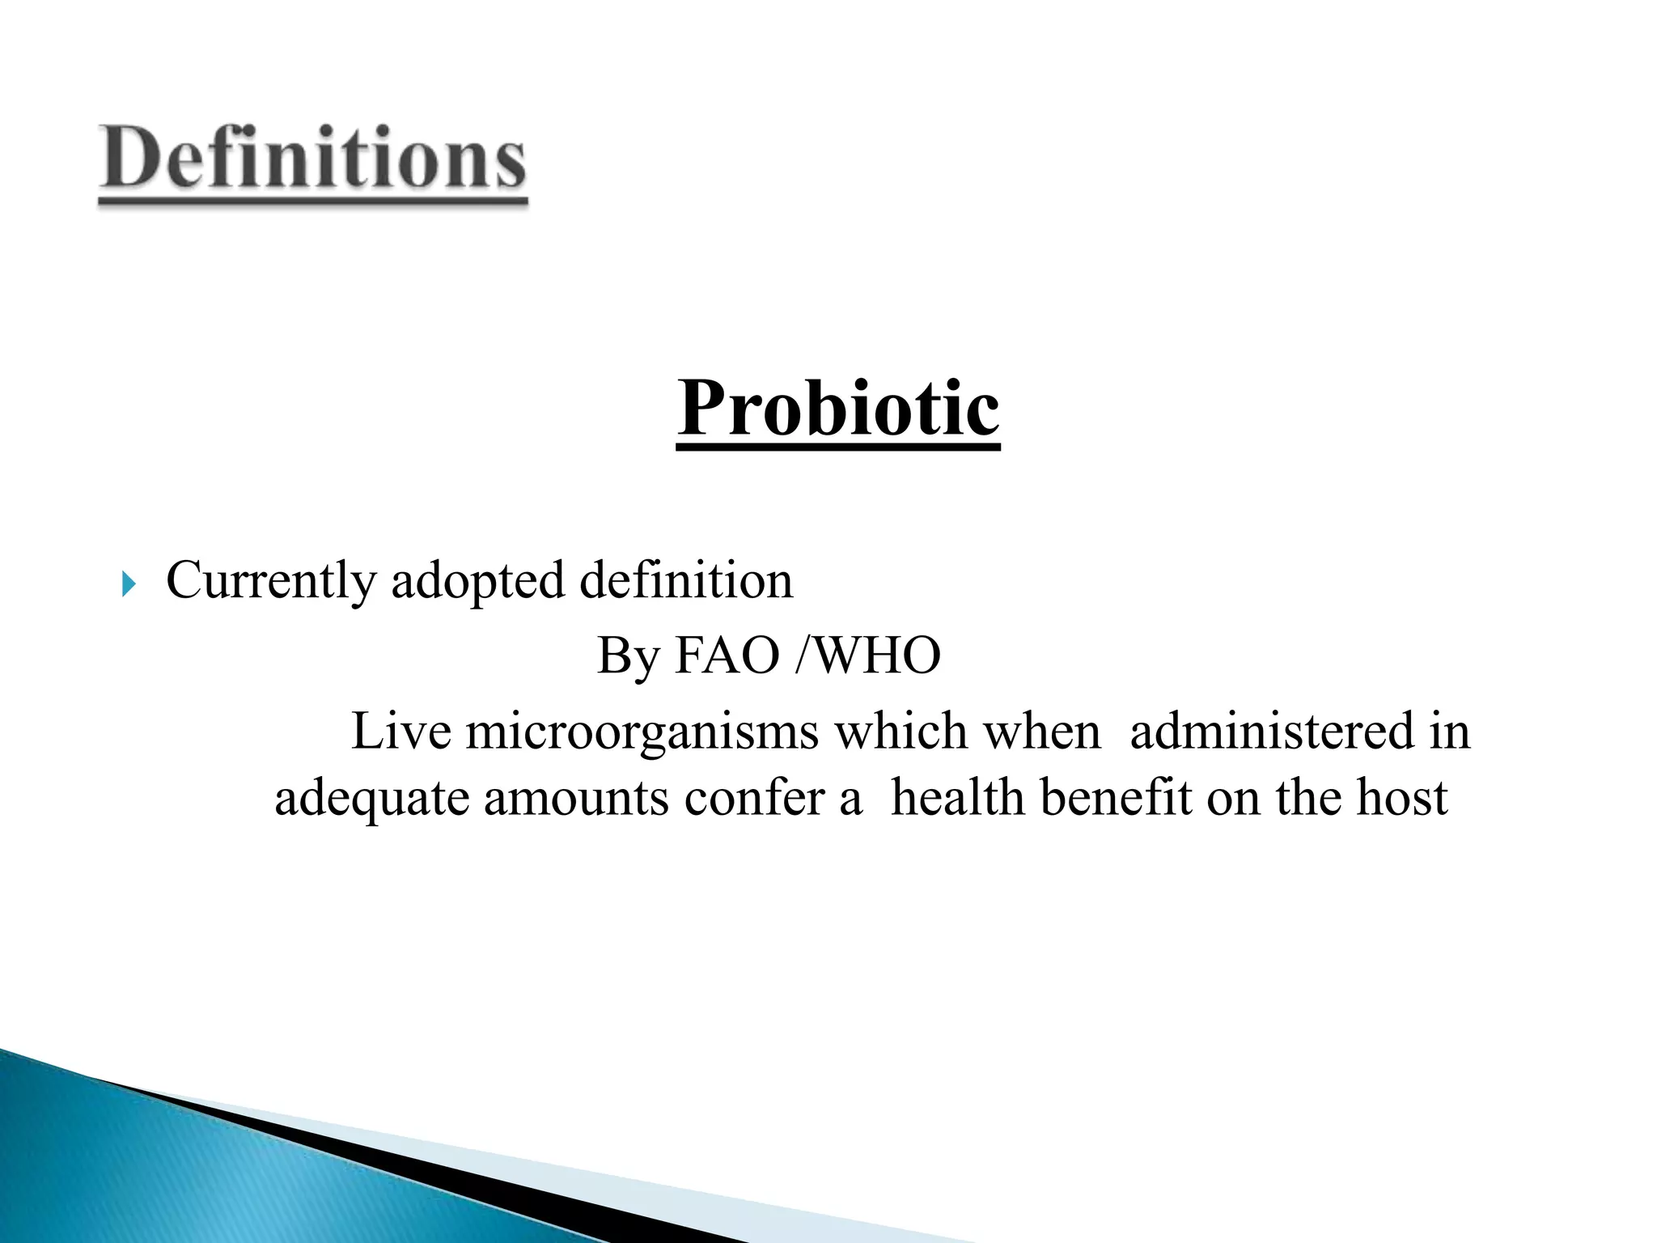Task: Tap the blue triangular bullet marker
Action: tap(129, 583)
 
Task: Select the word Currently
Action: tap(271, 581)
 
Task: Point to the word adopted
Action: tap(477, 581)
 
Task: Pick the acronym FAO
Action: tap(726, 655)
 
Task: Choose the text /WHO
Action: tap(868, 655)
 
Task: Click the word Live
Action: tap(400, 731)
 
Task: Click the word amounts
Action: tap(576, 798)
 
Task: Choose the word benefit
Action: tap(1116, 797)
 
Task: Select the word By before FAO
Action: tap(628, 655)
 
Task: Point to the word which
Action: tap(901, 731)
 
